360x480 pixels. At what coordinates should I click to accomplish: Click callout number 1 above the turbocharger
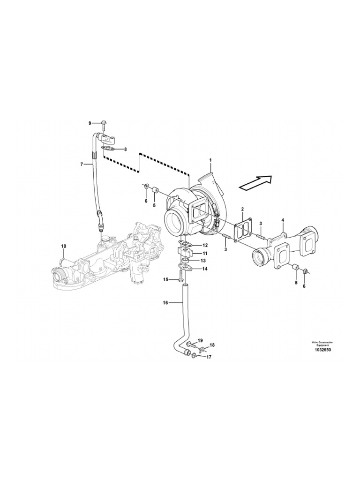pyautogui.click(x=211, y=160)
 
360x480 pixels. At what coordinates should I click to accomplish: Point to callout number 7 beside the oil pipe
pyautogui.click(x=82, y=165)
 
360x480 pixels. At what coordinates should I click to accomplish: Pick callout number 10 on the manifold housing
pyautogui.click(x=64, y=246)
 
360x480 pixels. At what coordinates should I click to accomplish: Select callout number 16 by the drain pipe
pyautogui.click(x=165, y=303)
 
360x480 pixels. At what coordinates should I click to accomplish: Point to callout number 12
pyautogui.click(x=204, y=245)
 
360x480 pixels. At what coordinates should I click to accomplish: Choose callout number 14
pyautogui.click(x=204, y=269)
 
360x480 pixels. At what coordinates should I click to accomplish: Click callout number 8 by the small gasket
pyautogui.click(x=124, y=150)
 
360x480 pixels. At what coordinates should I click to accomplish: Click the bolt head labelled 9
pyautogui.click(x=104, y=123)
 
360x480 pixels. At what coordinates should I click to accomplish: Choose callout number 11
pyautogui.click(x=204, y=253)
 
